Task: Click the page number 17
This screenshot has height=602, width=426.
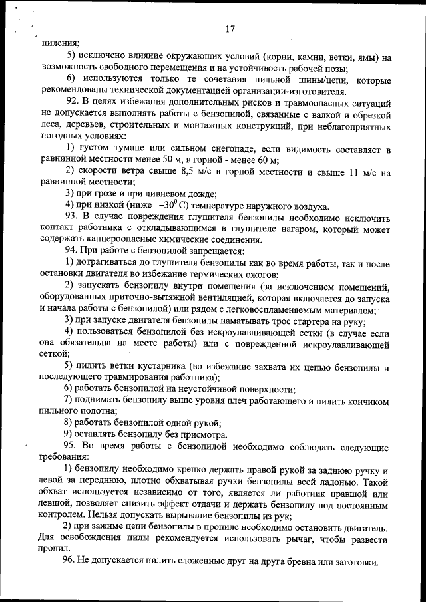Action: [x=230, y=29]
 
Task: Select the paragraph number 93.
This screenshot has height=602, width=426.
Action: [x=73, y=216]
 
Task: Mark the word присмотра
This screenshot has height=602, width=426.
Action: [x=200, y=435]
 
